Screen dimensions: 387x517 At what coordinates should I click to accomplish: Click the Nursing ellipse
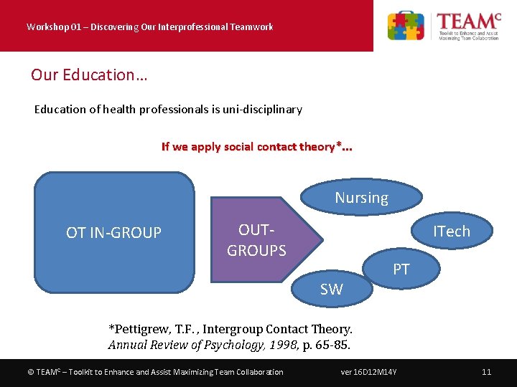click(x=361, y=198)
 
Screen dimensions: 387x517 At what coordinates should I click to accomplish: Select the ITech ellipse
click(x=451, y=231)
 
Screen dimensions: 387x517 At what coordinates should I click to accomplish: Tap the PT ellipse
click(x=401, y=269)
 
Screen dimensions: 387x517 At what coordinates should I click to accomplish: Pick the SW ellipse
click(x=331, y=290)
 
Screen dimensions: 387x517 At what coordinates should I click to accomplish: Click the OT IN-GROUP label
click(x=113, y=233)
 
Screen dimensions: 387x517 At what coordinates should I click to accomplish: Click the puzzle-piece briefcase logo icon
click(x=406, y=26)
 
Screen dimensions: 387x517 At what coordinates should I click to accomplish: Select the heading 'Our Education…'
click(x=88, y=75)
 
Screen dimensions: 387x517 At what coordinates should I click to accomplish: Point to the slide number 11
click(x=486, y=372)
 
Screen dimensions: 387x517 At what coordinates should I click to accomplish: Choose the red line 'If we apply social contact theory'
click(x=256, y=147)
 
